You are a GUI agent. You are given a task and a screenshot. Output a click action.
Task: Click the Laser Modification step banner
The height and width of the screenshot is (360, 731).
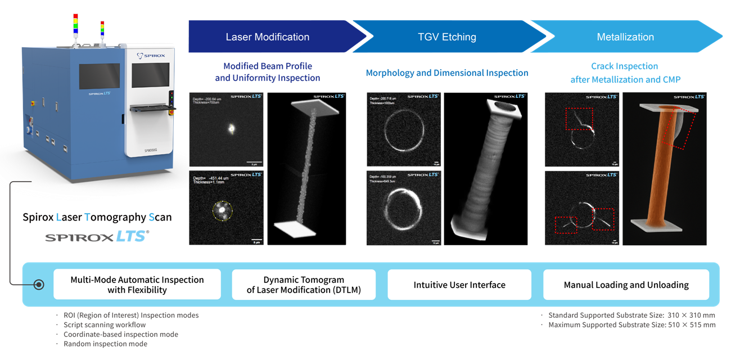coord(268,37)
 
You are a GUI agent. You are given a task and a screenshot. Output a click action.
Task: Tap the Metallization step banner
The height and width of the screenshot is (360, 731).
coord(625,37)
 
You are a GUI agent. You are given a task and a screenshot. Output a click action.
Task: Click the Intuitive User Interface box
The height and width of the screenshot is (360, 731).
coord(459,285)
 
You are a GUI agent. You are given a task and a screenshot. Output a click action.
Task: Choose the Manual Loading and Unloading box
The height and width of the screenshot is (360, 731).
coord(626,285)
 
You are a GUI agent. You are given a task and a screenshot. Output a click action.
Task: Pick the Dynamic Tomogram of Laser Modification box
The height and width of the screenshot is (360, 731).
coord(304,285)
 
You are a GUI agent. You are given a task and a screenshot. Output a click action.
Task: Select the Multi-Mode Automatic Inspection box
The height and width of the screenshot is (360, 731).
coord(137,285)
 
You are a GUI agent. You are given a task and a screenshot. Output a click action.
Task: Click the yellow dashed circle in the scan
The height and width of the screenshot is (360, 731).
coord(222,211)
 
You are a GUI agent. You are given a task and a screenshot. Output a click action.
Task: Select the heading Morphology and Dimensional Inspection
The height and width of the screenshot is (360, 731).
coord(447,73)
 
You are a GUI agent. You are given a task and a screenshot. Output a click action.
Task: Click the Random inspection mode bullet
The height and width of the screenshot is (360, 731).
coord(106,344)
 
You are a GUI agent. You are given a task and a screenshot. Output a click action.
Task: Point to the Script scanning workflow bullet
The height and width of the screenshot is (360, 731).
coord(105,325)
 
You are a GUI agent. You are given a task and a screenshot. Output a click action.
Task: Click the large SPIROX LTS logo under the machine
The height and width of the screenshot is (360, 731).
coord(97,237)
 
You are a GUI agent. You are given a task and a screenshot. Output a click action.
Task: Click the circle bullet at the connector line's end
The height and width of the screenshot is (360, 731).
coord(39,285)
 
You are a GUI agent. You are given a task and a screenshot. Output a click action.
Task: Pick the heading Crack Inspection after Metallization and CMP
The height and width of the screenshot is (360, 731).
coord(625,73)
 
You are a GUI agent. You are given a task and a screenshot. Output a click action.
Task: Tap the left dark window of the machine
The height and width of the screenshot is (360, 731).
coord(99,76)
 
